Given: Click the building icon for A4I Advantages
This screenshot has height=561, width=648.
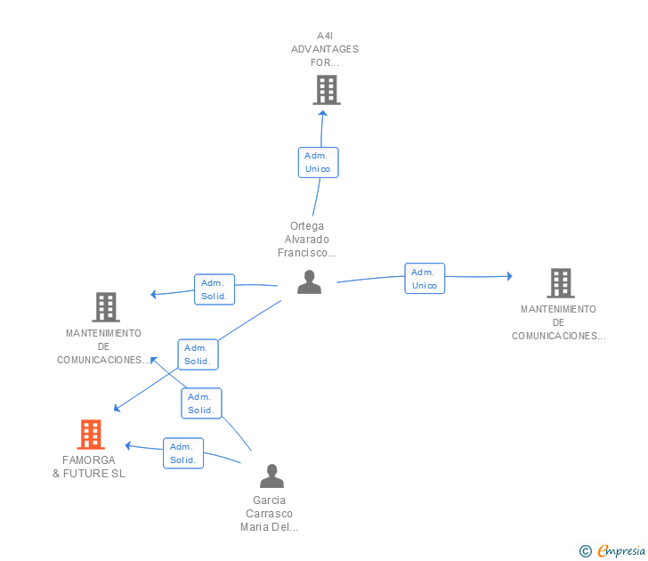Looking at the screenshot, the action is coord(327,90).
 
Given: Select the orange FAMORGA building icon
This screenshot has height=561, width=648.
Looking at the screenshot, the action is coord(91,435).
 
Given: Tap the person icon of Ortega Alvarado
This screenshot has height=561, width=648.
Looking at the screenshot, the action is coord(309,282).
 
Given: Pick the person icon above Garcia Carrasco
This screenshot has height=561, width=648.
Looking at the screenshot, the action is coord(272,476).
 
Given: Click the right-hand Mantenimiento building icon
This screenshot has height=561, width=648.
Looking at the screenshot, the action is coord(561,283).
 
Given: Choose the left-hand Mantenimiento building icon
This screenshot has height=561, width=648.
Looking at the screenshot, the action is coord(106,307).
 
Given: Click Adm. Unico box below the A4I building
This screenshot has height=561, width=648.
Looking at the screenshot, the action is coord(319,162).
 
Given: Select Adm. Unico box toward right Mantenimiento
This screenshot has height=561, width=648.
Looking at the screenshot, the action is coord(425,278).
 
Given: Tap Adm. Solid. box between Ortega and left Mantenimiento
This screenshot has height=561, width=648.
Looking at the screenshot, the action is coord(215,289).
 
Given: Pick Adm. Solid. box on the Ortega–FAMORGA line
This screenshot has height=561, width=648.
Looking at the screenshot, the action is coord(198,354).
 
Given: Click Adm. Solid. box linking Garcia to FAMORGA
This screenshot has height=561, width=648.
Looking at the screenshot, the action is coord(183,453).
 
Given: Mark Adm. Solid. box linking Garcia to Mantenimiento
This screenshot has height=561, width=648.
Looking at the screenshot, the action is coord(201,403).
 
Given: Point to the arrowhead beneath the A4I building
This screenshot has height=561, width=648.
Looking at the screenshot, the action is coord(323,113).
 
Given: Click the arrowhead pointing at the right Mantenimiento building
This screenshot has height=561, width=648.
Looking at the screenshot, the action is coord(509,276).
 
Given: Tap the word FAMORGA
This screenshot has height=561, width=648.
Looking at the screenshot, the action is coord(89,460).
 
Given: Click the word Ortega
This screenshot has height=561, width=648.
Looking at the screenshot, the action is coord(307,226).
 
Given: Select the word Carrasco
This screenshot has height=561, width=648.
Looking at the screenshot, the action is coord(269,514).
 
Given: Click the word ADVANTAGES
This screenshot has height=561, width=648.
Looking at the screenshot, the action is coord(325,49).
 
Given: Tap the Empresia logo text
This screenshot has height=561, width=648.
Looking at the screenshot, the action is coord(621,551).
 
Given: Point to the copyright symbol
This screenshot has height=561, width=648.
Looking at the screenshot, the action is coord(586,551).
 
